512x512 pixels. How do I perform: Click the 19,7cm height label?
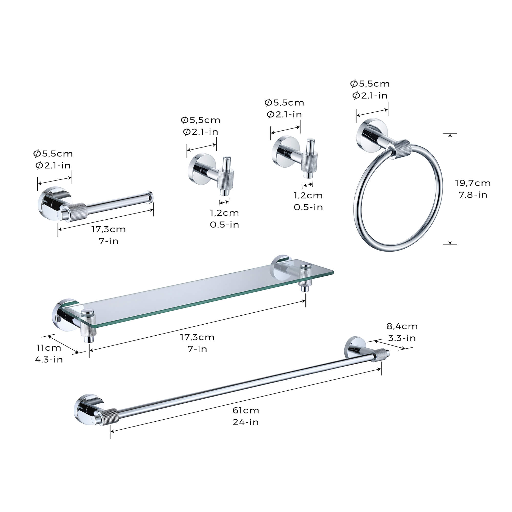click(x=473, y=183)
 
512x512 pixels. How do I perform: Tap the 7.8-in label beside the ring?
click(x=473, y=195)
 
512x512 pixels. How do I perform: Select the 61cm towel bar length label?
click(x=246, y=410)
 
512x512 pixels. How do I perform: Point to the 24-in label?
click(x=246, y=422)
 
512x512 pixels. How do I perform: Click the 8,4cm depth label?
click(x=402, y=326)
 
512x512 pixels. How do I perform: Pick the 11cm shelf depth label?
click(x=49, y=348)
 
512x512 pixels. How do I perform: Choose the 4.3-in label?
click(x=49, y=360)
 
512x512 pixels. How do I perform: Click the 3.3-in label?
click(x=402, y=338)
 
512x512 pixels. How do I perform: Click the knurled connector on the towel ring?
click(x=402, y=149)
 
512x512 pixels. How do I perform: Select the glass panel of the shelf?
click(x=201, y=294)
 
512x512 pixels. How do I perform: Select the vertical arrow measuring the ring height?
click(x=450, y=189)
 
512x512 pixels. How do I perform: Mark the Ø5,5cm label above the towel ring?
click(x=370, y=84)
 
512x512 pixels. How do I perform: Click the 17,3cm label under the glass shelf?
click(x=197, y=337)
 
